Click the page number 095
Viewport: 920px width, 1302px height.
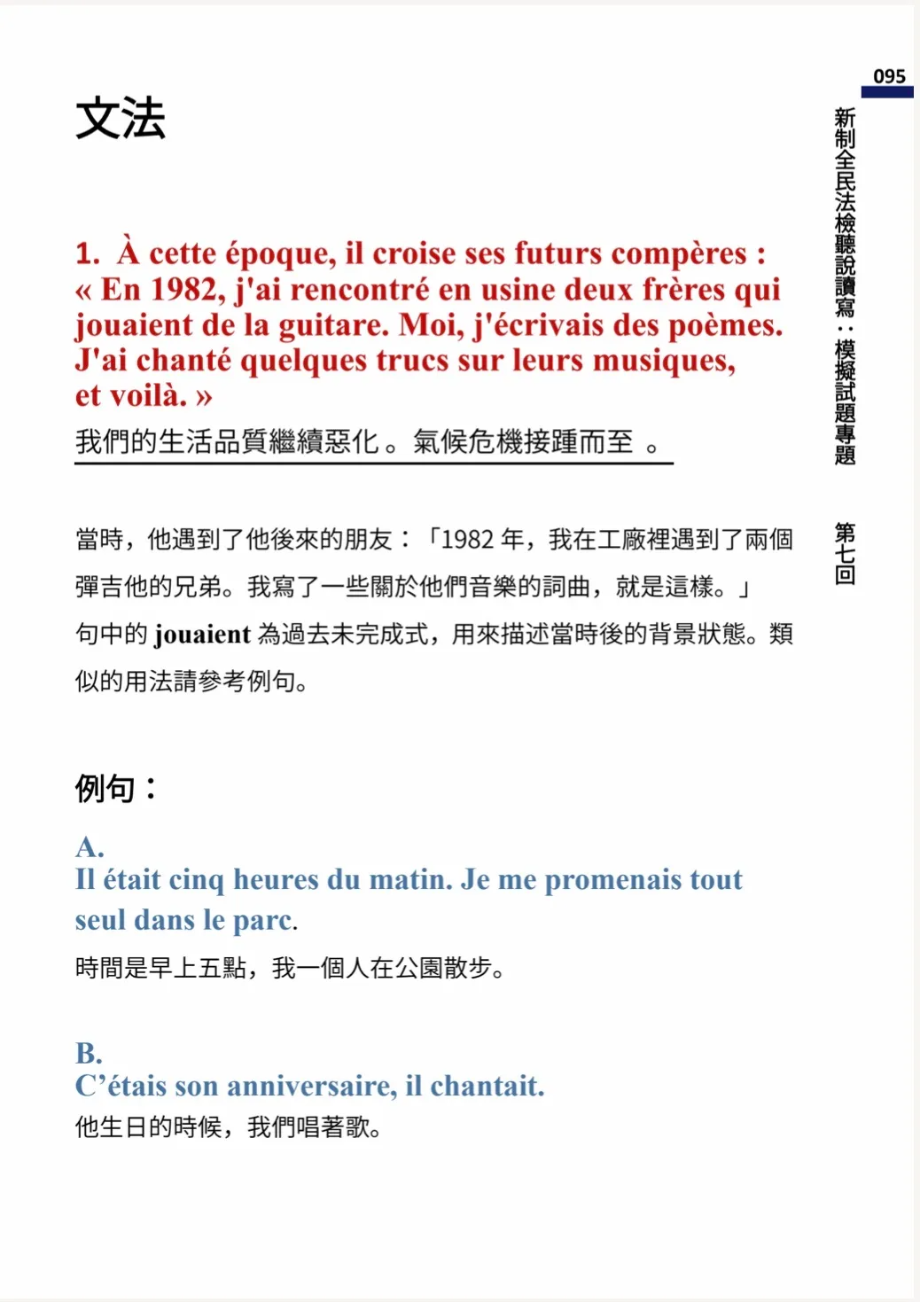(x=888, y=76)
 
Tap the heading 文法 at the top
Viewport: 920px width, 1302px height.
(x=121, y=119)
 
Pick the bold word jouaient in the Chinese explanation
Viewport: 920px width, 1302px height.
(x=202, y=635)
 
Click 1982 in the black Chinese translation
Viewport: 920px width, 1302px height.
(x=467, y=539)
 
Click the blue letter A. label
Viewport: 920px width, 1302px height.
(x=90, y=846)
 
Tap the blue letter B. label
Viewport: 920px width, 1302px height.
(x=90, y=1053)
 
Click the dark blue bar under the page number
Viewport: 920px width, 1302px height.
(x=886, y=92)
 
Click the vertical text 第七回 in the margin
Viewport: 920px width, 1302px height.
(x=845, y=553)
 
